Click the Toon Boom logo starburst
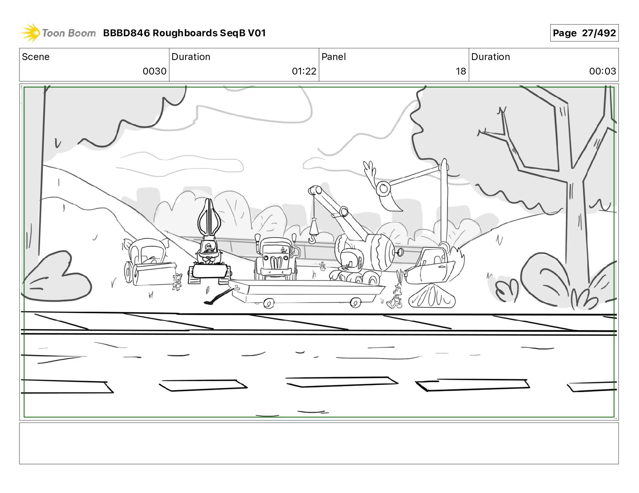pyautogui.click(x=31, y=33)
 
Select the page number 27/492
pyautogui.click(x=599, y=33)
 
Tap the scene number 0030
pyautogui.click(x=155, y=71)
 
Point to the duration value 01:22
pyautogui.click(x=304, y=71)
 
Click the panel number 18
pyautogui.click(x=461, y=71)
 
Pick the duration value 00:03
pyautogui.click(x=602, y=71)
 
